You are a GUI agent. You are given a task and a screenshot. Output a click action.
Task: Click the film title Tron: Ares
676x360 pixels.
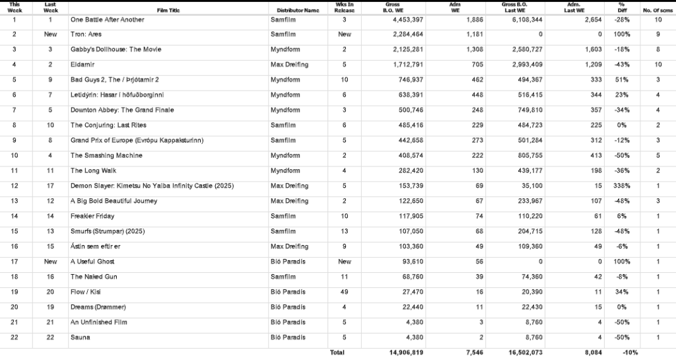[x=87, y=34]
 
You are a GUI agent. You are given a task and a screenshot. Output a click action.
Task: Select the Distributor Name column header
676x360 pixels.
[x=298, y=11]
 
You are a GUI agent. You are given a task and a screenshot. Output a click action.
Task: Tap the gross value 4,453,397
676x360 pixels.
[x=404, y=20]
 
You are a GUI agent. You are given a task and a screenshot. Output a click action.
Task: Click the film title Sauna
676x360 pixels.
[x=80, y=337]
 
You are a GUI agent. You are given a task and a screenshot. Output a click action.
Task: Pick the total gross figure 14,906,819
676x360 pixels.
[x=402, y=353]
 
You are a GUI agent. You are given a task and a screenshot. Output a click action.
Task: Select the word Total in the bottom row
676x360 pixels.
[x=337, y=353]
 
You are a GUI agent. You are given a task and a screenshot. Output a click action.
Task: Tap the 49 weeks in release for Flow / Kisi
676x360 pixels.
[x=345, y=292]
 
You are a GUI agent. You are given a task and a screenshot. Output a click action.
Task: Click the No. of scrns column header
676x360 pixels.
[x=658, y=11]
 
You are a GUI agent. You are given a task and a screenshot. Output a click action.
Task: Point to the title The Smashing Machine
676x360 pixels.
[x=106, y=156]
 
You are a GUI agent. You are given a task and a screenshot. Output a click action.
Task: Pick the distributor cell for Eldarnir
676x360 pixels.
[x=289, y=65]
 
